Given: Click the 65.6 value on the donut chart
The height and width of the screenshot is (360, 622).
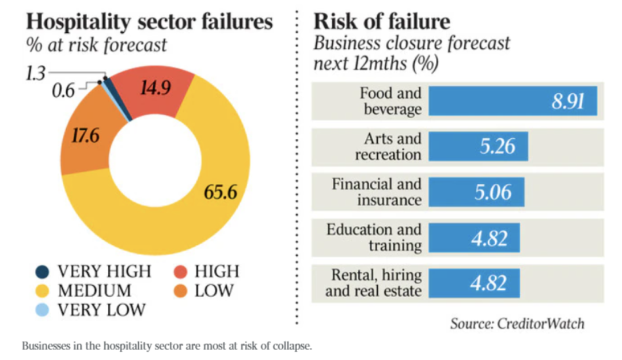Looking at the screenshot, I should pyautogui.click(x=221, y=191).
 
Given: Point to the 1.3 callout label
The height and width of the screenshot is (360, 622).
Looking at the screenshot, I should pyautogui.click(x=35, y=73).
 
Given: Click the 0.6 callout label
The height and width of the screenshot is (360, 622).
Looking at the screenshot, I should pyautogui.click(x=64, y=90).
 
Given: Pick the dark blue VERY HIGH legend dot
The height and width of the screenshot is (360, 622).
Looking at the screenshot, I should pyautogui.click(x=43, y=271).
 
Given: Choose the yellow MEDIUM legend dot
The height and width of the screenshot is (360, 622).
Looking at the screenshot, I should pyautogui.click(x=43, y=290).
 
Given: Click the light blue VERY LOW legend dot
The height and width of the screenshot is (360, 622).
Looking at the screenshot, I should pyautogui.click(x=43, y=309).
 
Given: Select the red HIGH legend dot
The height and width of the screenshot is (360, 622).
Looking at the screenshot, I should pyautogui.click(x=180, y=271).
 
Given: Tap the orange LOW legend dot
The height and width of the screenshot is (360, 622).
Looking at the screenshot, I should pyautogui.click(x=180, y=290).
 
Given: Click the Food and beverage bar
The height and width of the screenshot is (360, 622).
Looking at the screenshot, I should pyautogui.click(x=513, y=101).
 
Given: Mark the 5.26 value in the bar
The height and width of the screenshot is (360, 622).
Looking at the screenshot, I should pyautogui.click(x=497, y=146).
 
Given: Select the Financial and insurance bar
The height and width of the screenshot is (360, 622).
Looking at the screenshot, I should pyautogui.click(x=476, y=192).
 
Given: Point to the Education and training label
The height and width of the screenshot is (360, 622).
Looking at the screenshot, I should pyautogui.click(x=374, y=237).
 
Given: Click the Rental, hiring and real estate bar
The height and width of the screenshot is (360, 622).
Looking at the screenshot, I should pyautogui.click(x=474, y=283).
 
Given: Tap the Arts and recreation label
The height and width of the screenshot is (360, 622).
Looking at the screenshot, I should pyautogui.click(x=388, y=146).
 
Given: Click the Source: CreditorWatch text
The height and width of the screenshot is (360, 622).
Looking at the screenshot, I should pyautogui.click(x=517, y=323).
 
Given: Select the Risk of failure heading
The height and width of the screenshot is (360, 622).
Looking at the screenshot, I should pyautogui.click(x=381, y=22).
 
